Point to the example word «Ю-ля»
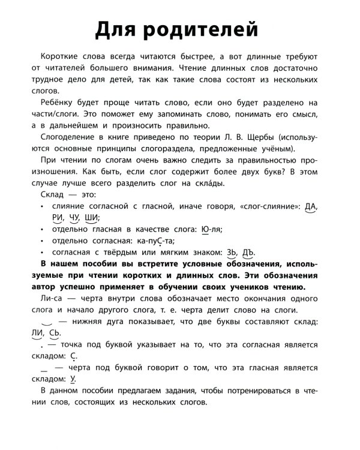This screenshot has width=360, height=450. (212, 229)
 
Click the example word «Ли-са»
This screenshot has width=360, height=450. (49, 298)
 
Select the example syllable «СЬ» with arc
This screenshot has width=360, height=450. (54, 333)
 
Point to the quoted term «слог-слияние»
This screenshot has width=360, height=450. (270, 206)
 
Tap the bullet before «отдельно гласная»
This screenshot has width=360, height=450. (42, 230)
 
